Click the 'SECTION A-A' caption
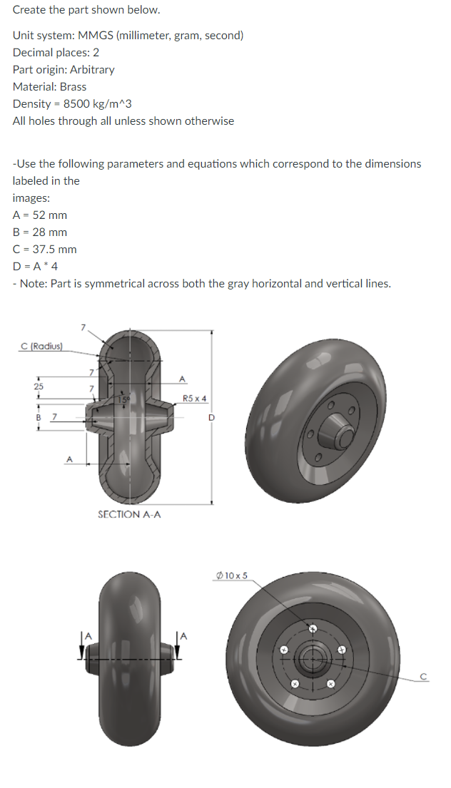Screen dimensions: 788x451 point(129,513)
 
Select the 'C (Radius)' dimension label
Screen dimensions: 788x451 point(42,347)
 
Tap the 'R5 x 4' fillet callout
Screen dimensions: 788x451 point(195,398)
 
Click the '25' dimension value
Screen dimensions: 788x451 point(38,386)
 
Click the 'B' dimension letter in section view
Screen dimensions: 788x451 point(36,415)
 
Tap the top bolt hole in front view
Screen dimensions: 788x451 point(312,628)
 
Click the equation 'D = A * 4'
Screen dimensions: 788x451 point(35,266)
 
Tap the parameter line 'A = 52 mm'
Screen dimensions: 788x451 point(40,215)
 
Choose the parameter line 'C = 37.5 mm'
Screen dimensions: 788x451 point(45,249)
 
